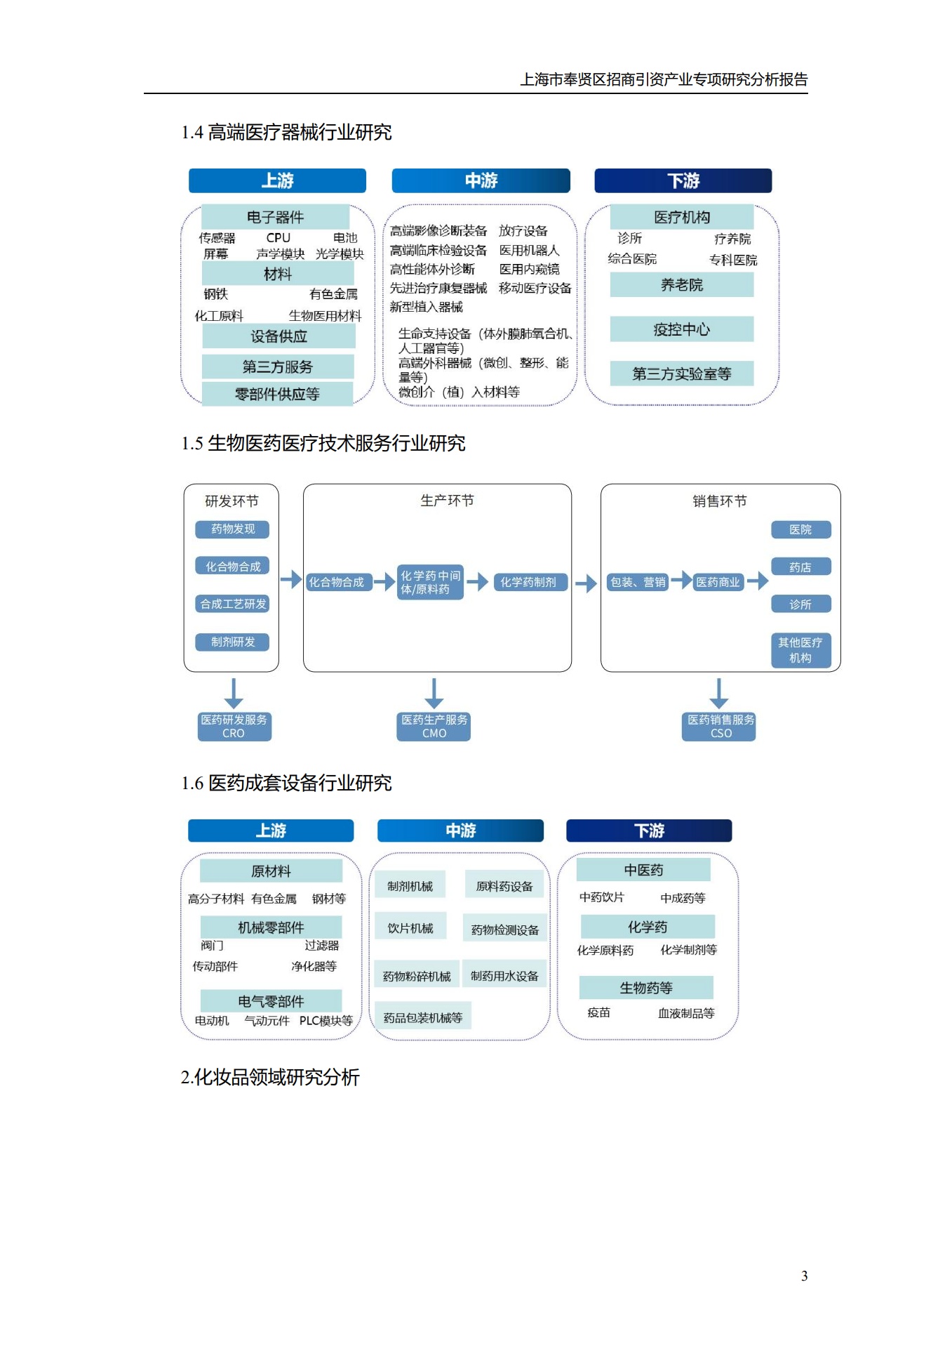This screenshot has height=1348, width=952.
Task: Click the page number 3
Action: (804, 1276)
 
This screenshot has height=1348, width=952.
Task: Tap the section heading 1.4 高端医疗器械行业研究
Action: (286, 132)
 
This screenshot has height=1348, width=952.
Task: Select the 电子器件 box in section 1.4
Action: (275, 217)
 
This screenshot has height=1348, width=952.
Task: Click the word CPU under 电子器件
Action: (278, 238)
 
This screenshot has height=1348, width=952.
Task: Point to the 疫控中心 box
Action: (681, 329)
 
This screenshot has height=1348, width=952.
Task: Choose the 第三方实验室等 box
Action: (681, 374)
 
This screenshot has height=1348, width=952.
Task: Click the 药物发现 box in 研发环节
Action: (232, 529)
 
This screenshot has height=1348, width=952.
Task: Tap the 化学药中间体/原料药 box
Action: (430, 582)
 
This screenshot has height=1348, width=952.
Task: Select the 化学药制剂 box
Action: (528, 582)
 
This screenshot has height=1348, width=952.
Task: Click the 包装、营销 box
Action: (637, 582)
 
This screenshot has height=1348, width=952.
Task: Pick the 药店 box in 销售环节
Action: (800, 567)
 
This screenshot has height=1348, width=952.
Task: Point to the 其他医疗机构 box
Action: (800, 650)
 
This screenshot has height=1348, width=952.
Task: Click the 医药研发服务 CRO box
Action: (234, 727)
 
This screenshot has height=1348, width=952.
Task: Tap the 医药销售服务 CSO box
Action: (720, 727)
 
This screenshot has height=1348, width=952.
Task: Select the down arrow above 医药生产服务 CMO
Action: (434, 693)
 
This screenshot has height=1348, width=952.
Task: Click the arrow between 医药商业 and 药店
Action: (757, 581)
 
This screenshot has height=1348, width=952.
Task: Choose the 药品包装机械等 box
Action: (422, 1017)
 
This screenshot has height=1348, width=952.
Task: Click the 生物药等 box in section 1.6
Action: (645, 988)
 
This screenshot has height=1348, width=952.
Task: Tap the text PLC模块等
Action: (326, 1020)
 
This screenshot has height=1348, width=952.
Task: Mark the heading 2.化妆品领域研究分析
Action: (270, 1077)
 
